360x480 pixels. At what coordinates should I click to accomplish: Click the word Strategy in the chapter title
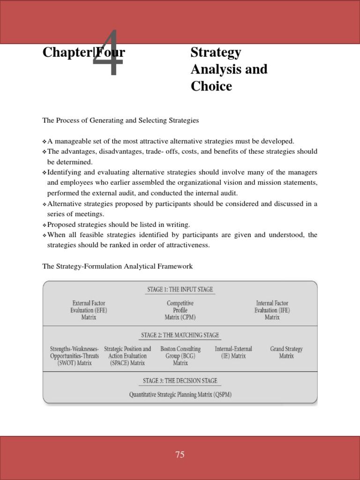click(216, 52)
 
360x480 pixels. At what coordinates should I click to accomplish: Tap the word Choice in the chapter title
click(211, 86)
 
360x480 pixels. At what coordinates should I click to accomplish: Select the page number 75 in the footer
click(180, 455)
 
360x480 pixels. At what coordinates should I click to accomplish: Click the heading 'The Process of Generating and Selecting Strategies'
click(120, 120)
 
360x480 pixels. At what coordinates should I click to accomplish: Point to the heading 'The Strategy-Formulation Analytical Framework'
click(117, 266)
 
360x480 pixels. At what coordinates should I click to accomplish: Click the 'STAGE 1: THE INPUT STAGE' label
click(180, 290)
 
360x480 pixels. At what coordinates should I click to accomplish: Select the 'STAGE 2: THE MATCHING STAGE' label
click(180, 335)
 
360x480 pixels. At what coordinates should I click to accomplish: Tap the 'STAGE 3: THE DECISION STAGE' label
click(180, 381)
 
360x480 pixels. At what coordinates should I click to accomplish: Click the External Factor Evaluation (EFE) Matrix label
click(89, 310)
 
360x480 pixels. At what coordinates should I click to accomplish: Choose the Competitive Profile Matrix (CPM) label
click(180, 310)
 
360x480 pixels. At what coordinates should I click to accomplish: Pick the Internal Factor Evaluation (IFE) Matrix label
click(272, 310)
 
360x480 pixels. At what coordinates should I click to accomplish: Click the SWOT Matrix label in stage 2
click(74, 356)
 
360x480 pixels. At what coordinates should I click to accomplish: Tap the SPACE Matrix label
click(127, 356)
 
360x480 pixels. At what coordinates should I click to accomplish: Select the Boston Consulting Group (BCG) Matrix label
click(180, 356)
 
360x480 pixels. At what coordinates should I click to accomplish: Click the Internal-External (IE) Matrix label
click(233, 352)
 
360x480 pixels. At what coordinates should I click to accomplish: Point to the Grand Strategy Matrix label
click(286, 352)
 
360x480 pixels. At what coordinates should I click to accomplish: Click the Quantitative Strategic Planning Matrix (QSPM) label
click(180, 395)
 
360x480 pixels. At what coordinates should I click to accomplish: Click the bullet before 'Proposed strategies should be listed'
click(45, 225)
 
